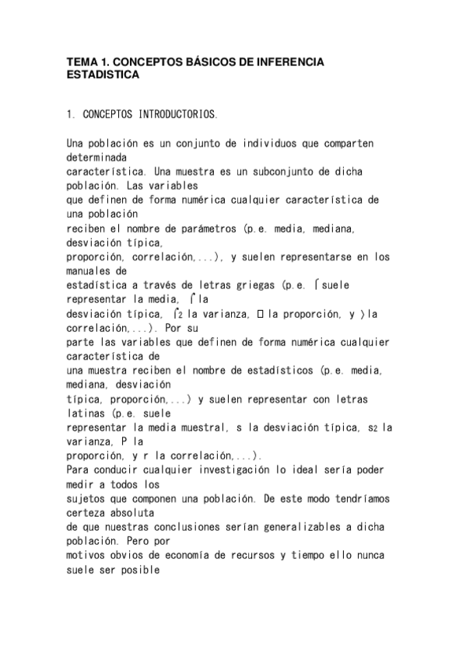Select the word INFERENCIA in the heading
[x=286, y=61]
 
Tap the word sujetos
[x=84, y=497]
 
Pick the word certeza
[x=86, y=511]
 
